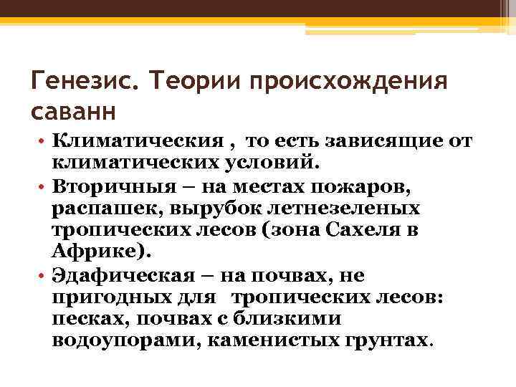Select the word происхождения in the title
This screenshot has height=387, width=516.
click(349, 80)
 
